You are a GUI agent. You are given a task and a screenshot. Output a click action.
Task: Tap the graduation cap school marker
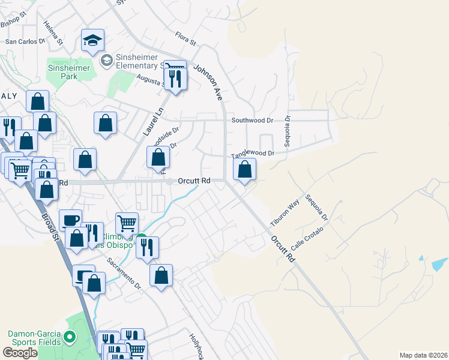(x=92, y=41)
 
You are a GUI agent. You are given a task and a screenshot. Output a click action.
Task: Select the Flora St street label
(x=185, y=38)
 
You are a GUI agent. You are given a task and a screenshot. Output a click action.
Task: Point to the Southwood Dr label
(x=253, y=120)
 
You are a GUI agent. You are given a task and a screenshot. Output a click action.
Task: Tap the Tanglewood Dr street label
(x=253, y=154)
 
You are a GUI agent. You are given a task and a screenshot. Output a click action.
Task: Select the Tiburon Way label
(x=285, y=213)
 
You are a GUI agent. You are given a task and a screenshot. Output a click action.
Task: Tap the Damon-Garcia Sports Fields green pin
(x=70, y=338)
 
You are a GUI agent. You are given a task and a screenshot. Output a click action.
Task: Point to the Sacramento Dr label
(x=124, y=273)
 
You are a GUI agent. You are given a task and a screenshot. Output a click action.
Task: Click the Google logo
(x=20, y=353)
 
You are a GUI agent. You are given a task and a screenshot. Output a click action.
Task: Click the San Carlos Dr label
(x=26, y=42)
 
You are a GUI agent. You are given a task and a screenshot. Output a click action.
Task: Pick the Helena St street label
(x=53, y=34)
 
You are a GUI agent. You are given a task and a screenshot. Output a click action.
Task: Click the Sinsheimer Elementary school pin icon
(x=106, y=60)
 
